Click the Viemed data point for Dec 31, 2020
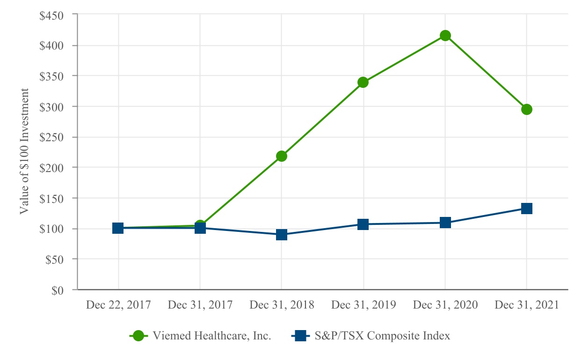445,36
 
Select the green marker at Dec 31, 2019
363,82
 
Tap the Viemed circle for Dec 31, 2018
281,156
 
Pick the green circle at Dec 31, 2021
527,109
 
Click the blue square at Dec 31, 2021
527,209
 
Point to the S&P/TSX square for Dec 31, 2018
281,235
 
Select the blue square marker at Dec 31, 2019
363,224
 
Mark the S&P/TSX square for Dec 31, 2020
445,223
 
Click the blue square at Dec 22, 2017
118,228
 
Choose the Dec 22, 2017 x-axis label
118,305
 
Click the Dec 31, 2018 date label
282,305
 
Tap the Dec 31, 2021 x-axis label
527,305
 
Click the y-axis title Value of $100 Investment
24,151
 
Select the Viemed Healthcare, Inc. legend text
212,336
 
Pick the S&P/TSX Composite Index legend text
382,336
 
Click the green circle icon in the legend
138,336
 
